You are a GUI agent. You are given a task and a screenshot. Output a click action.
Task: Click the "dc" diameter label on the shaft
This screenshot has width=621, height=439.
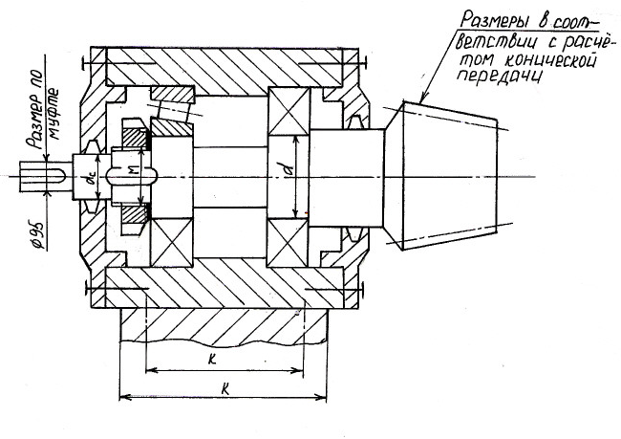click(x=89, y=178)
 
